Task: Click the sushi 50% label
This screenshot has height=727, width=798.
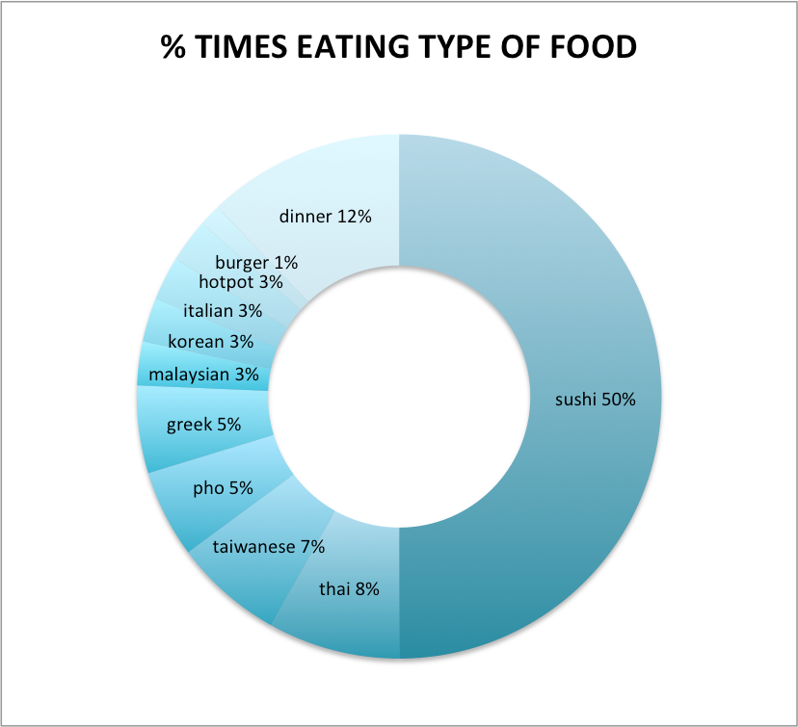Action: (x=595, y=400)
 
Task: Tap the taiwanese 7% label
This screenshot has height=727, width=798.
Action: (x=269, y=546)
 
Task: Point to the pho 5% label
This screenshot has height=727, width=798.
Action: (x=223, y=488)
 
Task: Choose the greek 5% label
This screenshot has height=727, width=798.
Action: (x=203, y=424)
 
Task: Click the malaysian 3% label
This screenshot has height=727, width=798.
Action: (x=203, y=375)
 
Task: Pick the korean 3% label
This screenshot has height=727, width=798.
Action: (x=210, y=341)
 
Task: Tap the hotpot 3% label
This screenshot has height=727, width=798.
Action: (x=240, y=282)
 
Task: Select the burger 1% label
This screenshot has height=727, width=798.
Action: (x=256, y=261)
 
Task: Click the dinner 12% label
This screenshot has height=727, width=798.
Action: (x=325, y=217)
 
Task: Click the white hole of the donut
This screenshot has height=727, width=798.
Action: (x=399, y=397)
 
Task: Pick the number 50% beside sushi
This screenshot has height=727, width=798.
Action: (x=618, y=400)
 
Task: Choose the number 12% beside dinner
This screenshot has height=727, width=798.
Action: (x=354, y=217)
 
